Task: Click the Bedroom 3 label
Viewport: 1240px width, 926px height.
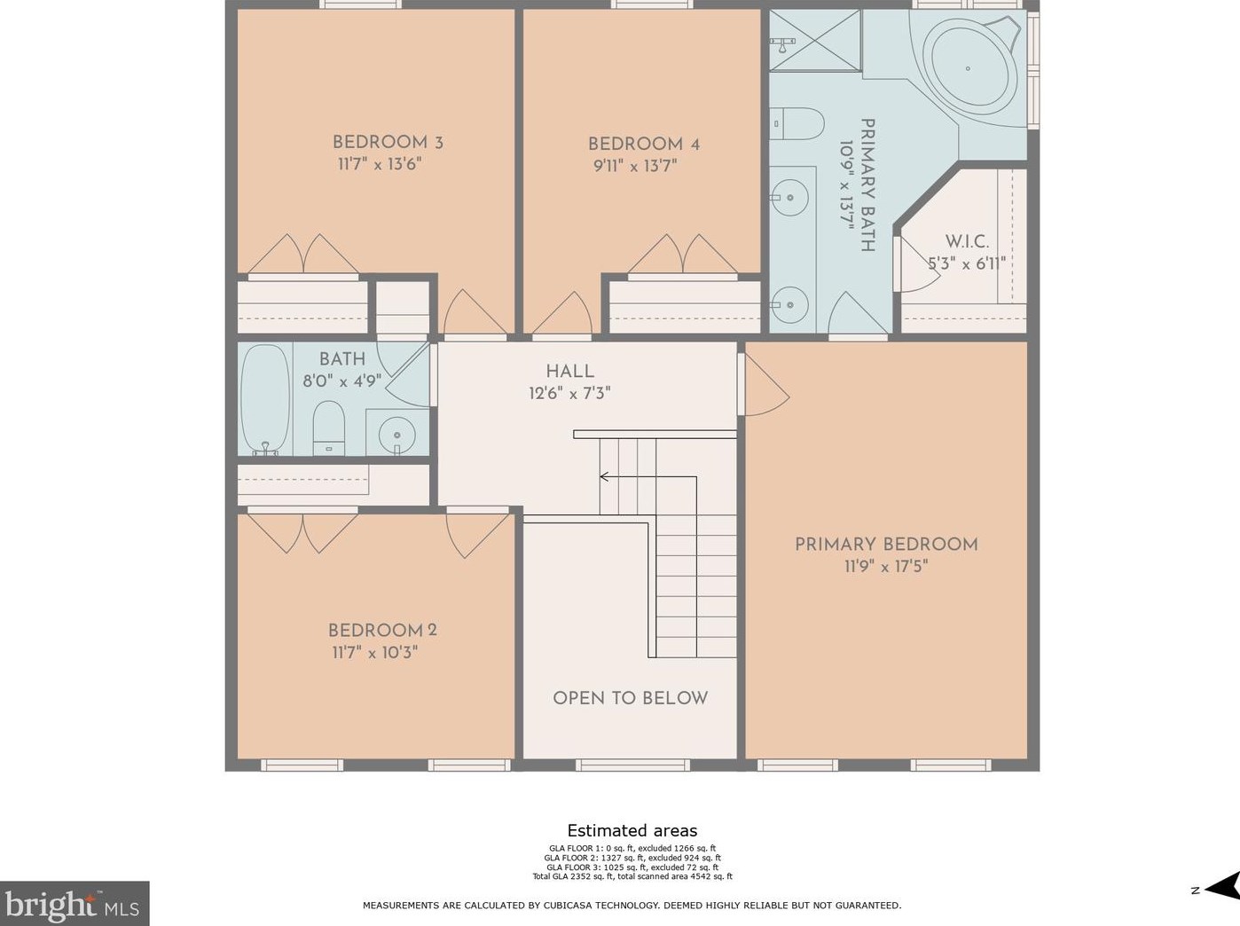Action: point(388,142)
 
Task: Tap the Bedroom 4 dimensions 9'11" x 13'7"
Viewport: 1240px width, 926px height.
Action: point(635,166)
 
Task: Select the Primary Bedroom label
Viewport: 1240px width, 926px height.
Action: point(886,545)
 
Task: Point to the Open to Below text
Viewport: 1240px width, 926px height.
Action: point(630,698)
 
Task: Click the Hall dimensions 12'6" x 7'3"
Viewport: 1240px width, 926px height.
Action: point(569,393)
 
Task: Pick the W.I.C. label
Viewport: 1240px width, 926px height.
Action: point(967,242)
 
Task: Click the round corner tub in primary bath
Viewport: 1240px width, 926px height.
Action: point(968,67)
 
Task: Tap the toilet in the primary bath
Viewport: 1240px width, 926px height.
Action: point(797,123)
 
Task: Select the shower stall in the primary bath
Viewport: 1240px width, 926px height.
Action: point(815,40)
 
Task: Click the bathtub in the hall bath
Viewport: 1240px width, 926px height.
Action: point(265,398)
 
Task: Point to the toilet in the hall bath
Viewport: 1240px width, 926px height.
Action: point(329,428)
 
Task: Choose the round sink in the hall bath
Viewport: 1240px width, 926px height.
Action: point(396,435)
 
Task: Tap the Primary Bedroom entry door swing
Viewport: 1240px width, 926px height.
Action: point(766,385)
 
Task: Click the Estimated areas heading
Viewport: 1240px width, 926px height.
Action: point(632,830)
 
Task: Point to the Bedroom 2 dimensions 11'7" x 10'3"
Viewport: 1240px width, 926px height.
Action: point(375,653)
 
